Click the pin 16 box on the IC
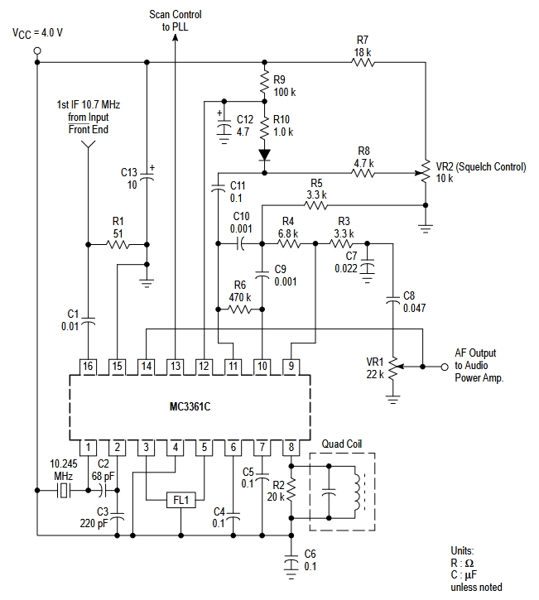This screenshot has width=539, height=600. pos(88,367)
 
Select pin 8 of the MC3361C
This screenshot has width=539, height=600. pos(291,448)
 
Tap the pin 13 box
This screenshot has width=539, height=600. pos(176,367)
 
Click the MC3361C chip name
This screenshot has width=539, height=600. pos(190,406)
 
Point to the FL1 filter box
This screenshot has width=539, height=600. pos(181,500)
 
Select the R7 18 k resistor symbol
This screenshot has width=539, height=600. pos(363,62)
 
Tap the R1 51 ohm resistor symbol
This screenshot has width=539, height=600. pos(118,244)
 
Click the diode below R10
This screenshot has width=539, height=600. pos(264,155)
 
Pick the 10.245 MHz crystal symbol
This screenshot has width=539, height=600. pos(64,490)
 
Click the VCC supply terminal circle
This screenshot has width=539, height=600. pos(37,50)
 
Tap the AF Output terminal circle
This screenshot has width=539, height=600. pos(445,367)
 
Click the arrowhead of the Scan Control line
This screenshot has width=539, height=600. pos(176,36)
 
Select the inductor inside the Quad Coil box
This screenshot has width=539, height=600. pos(357,492)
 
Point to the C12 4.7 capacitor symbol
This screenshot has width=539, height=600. pos(224,128)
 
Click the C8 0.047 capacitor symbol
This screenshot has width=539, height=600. pos(392,300)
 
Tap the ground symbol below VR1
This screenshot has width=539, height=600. pos(392,400)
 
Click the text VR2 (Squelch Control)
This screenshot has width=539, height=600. pos(481,167)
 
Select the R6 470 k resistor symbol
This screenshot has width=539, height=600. pos(240,310)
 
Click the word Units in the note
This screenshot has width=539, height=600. pos(462,550)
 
